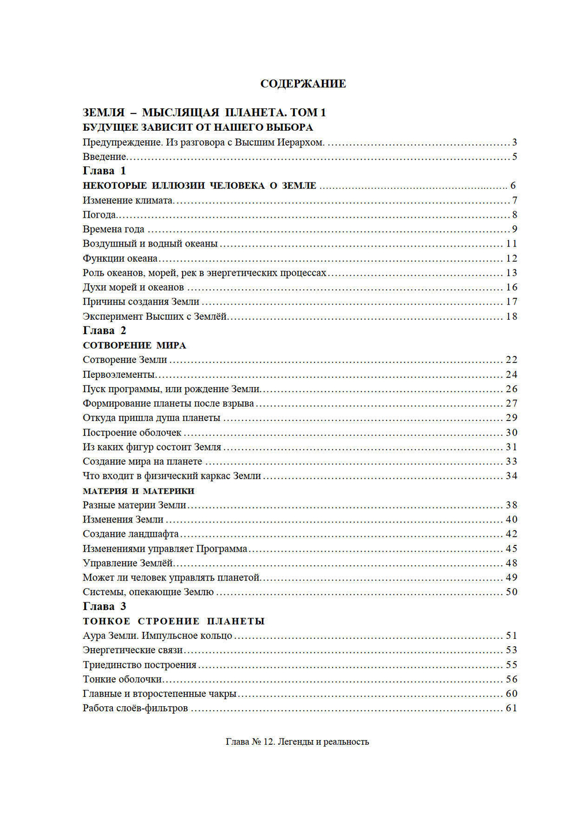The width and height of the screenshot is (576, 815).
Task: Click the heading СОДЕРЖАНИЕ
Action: [x=303, y=84]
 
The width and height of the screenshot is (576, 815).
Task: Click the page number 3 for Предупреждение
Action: [x=514, y=142]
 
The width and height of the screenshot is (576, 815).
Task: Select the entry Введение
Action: [x=104, y=157]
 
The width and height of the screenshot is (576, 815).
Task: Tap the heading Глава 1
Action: [x=104, y=170]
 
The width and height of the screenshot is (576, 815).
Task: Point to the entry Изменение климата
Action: [x=128, y=200]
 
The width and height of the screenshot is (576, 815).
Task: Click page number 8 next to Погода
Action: [x=514, y=215]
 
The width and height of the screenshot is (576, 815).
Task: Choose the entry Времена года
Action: [x=113, y=229]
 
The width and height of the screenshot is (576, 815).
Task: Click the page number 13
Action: [x=511, y=273]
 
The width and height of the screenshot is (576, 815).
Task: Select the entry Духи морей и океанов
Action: [x=133, y=287]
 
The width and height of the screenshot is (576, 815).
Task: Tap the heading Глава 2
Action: [x=104, y=331]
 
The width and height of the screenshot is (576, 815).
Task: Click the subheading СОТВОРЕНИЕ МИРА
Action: [x=134, y=346]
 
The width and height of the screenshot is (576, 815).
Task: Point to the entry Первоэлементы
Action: [x=119, y=374]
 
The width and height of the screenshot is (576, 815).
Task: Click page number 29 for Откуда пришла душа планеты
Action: [x=511, y=418]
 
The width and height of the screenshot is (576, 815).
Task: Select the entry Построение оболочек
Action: [x=132, y=433]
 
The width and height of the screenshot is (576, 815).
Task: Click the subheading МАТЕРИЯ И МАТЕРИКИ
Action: [x=138, y=491]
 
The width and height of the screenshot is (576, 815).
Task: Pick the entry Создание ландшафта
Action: [x=131, y=534]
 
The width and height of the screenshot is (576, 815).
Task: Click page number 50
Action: [x=511, y=592]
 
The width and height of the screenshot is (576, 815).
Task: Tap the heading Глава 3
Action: [x=104, y=606]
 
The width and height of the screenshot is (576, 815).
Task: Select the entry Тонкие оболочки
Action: [x=122, y=679]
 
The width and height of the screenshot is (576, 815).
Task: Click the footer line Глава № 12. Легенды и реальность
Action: [x=297, y=742]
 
